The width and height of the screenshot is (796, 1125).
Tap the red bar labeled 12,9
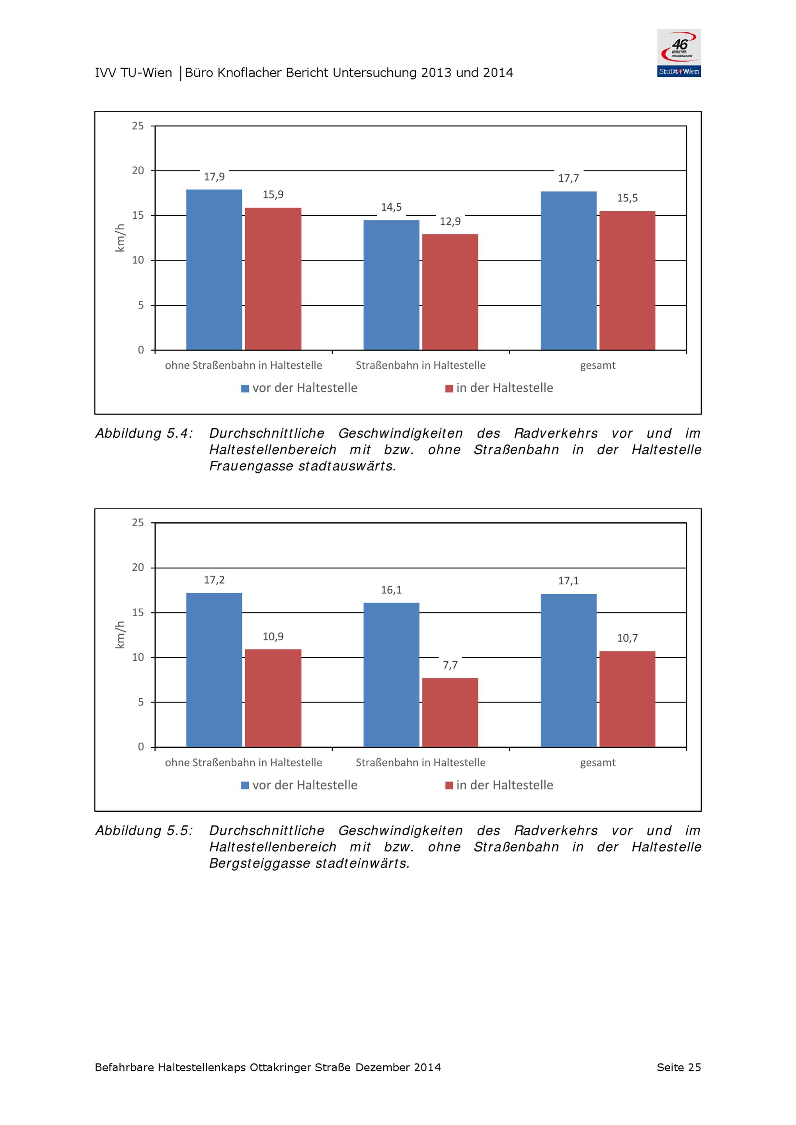(x=450, y=292)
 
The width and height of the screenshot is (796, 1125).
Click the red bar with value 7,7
(x=450, y=712)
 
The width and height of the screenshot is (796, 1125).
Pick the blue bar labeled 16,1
(x=391, y=675)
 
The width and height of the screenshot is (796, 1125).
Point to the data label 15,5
(x=627, y=198)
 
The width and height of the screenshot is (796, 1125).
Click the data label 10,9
(x=273, y=636)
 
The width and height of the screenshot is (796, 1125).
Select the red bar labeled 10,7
(x=627, y=699)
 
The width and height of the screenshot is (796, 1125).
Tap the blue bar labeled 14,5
(x=391, y=285)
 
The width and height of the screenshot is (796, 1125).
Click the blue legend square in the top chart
(x=245, y=388)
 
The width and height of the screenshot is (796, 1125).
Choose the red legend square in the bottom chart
(x=449, y=786)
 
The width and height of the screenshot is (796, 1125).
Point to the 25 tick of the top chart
(x=138, y=126)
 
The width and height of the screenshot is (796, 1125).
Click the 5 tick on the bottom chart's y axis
(x=141, y=702)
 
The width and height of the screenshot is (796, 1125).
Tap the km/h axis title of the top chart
(x=120, y=238)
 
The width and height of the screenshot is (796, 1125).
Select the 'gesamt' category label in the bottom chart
(x=597, y=762)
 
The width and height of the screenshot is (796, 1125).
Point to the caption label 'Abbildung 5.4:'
(x=144, y=434)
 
